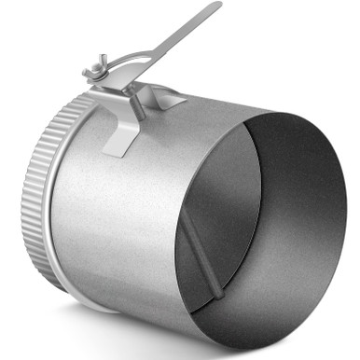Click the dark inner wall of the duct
pyautogui.click(x=298, y=205)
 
